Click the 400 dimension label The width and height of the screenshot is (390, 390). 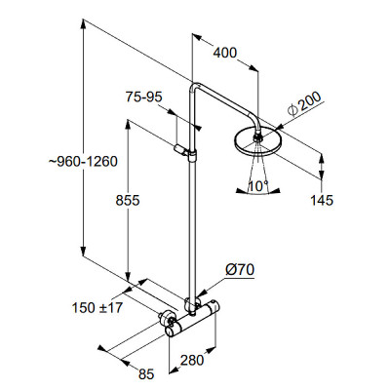225,53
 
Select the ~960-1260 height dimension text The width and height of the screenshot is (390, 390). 83,162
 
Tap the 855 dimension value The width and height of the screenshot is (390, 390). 128,200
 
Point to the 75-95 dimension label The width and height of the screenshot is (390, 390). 144,97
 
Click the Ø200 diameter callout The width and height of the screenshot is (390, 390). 305,104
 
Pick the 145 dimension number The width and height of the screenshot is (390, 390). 322,200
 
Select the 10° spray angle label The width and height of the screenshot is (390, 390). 258,186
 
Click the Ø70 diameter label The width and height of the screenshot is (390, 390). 240,270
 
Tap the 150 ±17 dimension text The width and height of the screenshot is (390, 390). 97,307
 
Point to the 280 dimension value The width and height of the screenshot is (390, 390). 192,360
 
